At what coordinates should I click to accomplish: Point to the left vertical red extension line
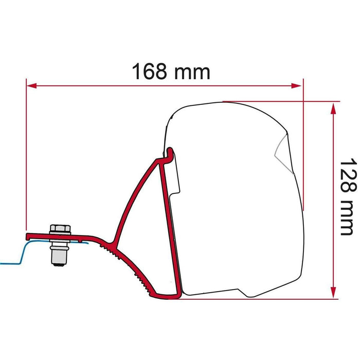coord(26,154)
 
